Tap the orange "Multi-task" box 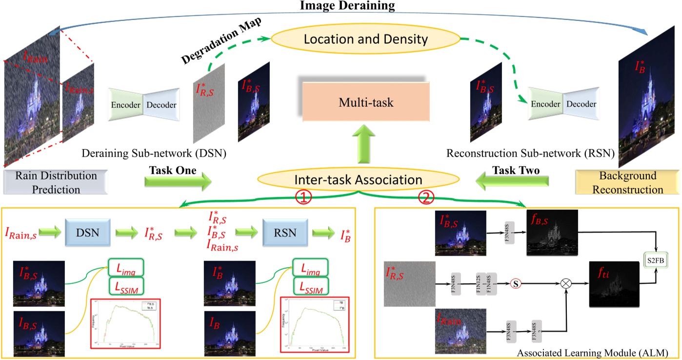(x=366, y=103)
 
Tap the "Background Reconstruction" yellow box (x=628, y=182)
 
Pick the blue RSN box (x=285, y=233)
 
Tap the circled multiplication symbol (x=566, y=282)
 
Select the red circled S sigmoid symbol (x=514, y=282)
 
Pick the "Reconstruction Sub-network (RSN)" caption (x=530, y=154)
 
